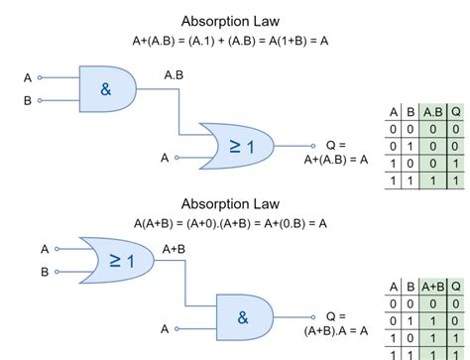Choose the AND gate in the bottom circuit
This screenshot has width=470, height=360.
tap(243, 316)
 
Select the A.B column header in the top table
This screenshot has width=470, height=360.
tap(432, 111)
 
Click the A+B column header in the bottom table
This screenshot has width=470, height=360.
tap(432, 287)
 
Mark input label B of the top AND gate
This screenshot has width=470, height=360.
tap(28, 100)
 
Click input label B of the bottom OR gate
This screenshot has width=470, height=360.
tap(45, 271)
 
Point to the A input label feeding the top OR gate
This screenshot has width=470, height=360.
tap(166, 157)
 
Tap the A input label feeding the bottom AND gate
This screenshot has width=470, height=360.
tap(166, 328)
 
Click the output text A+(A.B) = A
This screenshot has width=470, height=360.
tap(336, 157)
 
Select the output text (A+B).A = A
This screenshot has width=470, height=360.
tap(336, 330)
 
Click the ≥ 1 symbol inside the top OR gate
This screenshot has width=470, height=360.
tap(243, 147)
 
